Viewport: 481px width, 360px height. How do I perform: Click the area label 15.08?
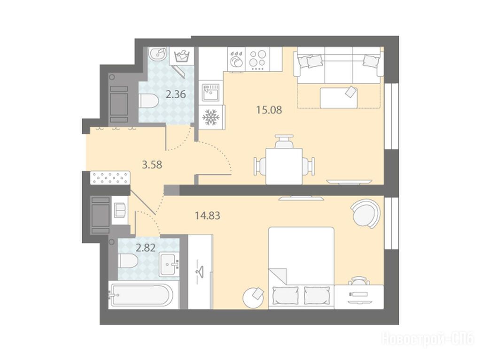point(269,109)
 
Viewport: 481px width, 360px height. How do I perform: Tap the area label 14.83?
point(208,215)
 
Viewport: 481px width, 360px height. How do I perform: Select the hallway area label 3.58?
point(152,165)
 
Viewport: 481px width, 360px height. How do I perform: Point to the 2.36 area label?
point(176,94)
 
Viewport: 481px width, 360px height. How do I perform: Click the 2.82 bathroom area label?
point(146,247)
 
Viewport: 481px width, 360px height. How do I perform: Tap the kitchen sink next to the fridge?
point(210,92)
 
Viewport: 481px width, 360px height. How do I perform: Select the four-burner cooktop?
point(257,60)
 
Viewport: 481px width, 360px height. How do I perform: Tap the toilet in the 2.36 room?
point(148,100)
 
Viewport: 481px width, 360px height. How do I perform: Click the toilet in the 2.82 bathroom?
point(128,260)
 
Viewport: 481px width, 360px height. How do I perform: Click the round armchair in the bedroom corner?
point(366,214)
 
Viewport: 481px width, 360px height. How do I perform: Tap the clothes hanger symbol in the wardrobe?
point(201,271)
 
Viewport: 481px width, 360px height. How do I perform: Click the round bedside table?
point(253,297)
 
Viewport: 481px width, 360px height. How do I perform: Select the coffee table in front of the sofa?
point(339,98)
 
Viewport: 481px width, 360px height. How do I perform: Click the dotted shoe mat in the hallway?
point(110,178)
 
